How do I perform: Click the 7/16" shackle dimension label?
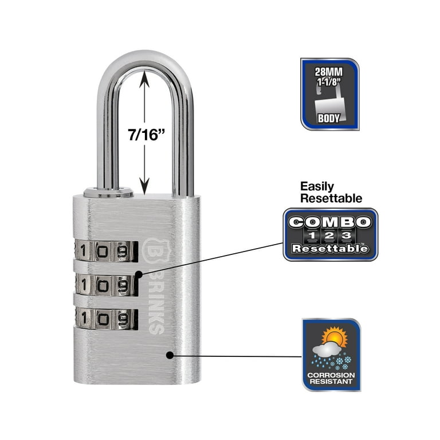click(146, 135)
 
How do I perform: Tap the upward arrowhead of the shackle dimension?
click(144, 79)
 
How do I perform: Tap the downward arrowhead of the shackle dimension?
click(144, 186)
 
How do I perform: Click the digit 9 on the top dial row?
click(123, 252)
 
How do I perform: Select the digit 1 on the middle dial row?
click(83, 285)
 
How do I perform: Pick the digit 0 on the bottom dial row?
click(103, 319)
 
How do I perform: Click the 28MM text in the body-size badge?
click(329, 72)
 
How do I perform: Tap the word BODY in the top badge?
click(329, 119)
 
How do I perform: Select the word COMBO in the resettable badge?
click(330, 222)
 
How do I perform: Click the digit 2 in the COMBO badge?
click(329, 235)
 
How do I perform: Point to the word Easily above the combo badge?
click(317, 186)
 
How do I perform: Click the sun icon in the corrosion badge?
click(335, 337)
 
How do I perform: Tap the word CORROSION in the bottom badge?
click(331, 375)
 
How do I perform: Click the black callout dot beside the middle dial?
click(139, 274)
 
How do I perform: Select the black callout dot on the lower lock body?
click(170, 355)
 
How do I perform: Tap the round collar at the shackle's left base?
click(108, 192)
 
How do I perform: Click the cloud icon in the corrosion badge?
click(327, 349)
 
